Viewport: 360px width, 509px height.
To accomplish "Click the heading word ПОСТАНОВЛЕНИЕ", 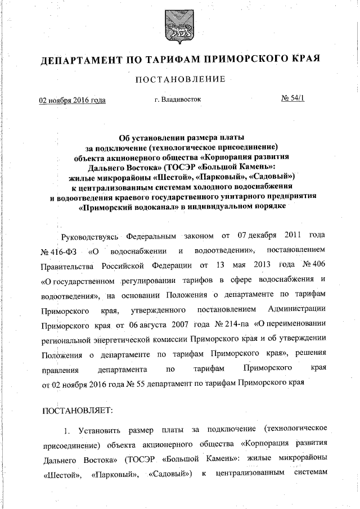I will pyautogui.click(x=180, y=79).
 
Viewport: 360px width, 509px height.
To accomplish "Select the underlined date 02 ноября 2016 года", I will pyautogui.click(x=72, y=100).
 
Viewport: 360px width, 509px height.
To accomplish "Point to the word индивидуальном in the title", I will pyautogui.click(x=223, y=206).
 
